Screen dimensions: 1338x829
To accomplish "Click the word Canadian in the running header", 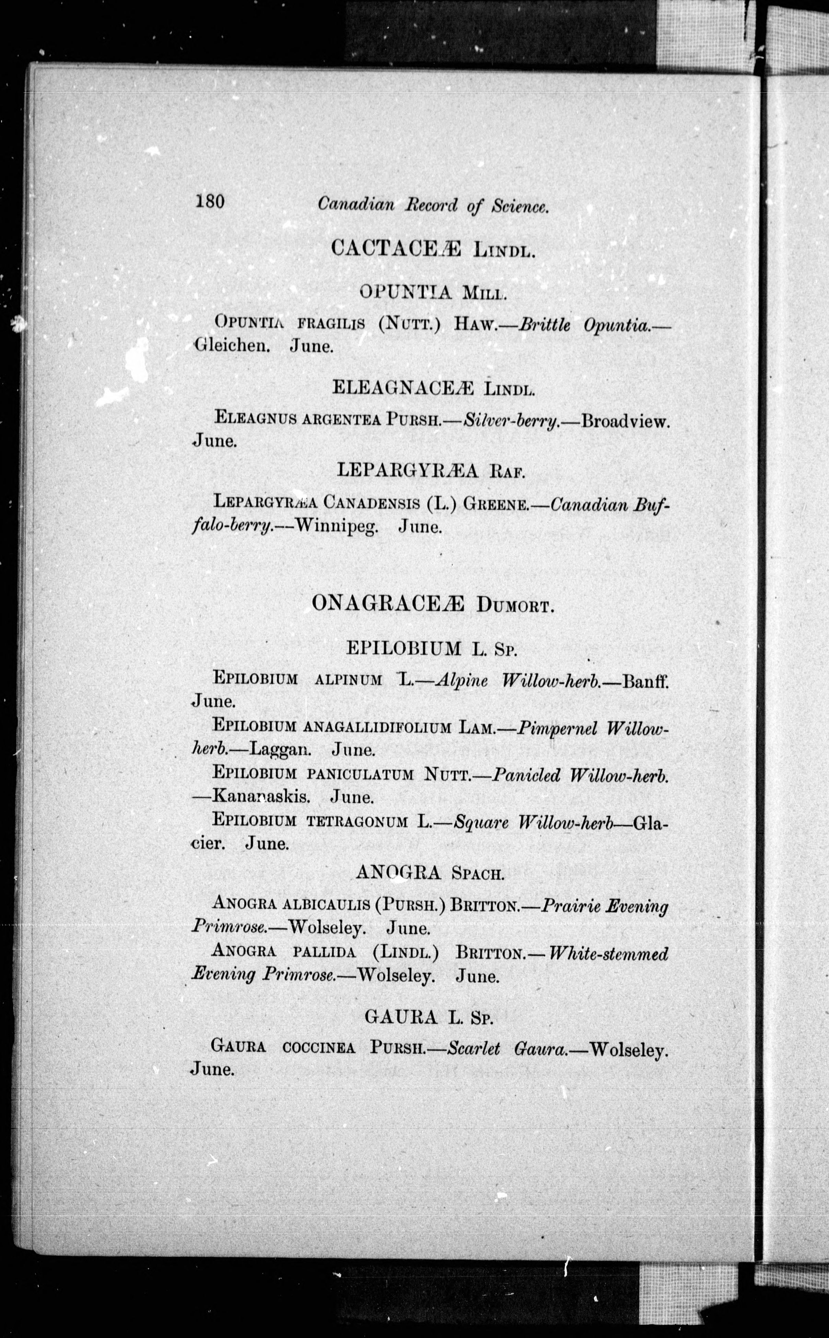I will point(356,205).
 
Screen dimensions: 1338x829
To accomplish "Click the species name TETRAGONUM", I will point(357,821).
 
